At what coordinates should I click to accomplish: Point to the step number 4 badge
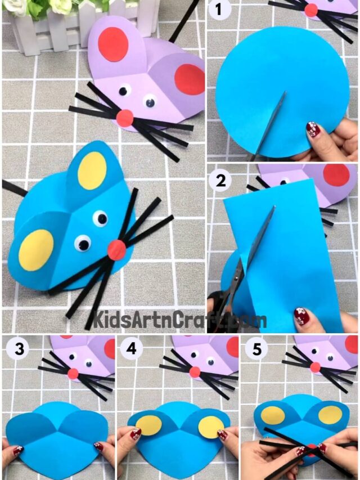tap(132, 349)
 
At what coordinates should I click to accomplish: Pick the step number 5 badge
tap(256, 349)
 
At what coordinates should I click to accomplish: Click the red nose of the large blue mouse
tap(117, 249)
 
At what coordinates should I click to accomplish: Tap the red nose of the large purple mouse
tap(125, 118)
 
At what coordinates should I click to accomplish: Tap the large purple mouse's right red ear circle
tap(190, 79)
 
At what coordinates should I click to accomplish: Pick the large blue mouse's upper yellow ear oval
tap(92, 170)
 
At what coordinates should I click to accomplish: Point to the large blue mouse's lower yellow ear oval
tap(36, 249)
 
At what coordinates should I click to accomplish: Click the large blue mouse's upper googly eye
tap(100, 218)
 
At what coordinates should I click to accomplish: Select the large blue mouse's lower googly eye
tap(83, 243)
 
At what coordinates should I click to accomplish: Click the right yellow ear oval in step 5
tap(330, 415)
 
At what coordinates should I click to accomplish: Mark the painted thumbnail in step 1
tap(313, 130)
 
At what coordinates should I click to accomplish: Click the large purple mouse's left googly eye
tap(124, 89)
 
